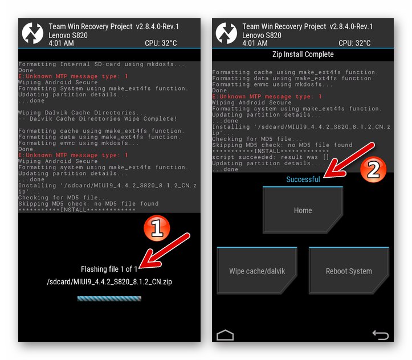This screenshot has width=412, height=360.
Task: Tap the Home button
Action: click(x=303, y=210)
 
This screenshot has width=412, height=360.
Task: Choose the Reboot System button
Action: click(x=349, y=271)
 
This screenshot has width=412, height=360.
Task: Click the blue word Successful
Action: click(x=303, y=179)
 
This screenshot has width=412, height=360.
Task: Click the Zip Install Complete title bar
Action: click(x=303, y=55)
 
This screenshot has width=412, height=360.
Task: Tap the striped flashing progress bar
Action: click(x=109, y=298)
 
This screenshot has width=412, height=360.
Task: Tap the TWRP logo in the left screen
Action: click(x=33, y=33)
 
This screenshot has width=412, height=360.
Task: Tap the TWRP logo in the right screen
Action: click(x=227, y=33)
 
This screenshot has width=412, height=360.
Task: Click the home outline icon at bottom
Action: click(x=226, y=334)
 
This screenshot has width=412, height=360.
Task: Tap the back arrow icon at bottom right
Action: click(x=380, y=335)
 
